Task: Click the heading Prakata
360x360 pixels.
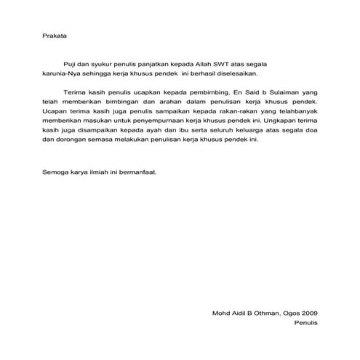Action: pos(55,33)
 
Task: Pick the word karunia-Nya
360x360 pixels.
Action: pos(63,73)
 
